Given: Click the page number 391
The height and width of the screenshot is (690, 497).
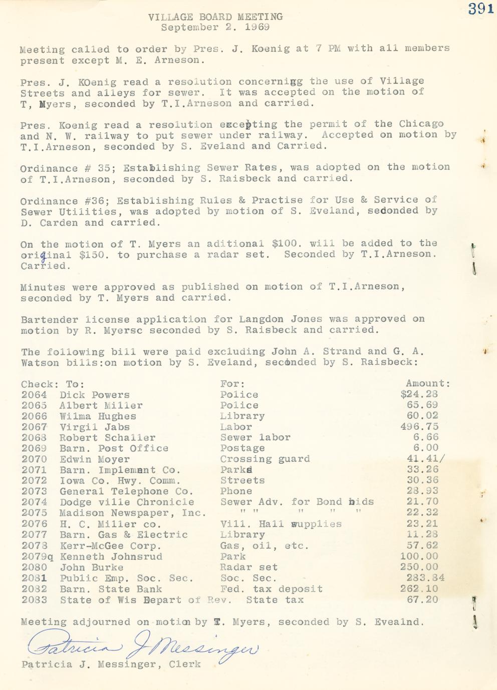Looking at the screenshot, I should tap(481, 9).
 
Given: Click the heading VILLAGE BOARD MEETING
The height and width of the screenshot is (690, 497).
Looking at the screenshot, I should tap(215, 17).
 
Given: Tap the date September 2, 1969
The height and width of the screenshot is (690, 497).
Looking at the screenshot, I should tap(215, 28).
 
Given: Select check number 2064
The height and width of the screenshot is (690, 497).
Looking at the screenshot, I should tap(34, 395).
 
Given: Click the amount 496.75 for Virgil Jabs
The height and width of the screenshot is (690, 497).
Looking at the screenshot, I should tap(419, 427).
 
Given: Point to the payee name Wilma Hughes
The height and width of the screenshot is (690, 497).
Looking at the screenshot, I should tap(98, 416).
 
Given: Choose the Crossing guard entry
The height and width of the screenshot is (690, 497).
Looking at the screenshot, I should tap(265, 459).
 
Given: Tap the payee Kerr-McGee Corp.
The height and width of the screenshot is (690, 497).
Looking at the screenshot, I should tap(110, 546).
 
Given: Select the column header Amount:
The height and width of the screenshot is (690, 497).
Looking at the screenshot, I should tap(428, 384).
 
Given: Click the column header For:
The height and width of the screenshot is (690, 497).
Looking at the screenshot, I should tap(232, 384).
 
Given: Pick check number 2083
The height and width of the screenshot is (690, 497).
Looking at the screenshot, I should tap(34, 600).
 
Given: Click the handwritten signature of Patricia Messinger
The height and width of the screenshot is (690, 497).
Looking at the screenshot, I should tap(143, 648).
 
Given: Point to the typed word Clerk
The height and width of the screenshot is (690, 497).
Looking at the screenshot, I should tap(185, 664).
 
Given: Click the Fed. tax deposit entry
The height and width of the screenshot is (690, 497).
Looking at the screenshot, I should tap(271, 589).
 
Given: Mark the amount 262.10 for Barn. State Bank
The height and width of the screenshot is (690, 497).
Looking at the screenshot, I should tap(419, 589).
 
